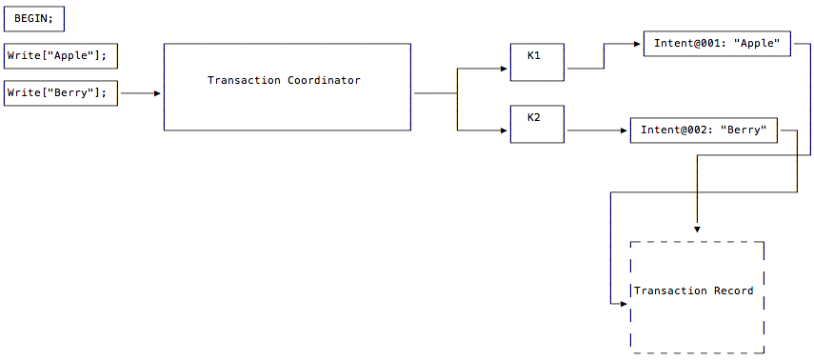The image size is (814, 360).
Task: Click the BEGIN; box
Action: (x=35, y=18)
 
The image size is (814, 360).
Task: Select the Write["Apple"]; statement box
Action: (x=61, y=56)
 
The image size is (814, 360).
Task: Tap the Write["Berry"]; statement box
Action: (x=61, y=93)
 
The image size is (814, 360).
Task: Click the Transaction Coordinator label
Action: (x=284, y=81)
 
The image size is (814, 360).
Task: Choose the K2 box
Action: (x=537, y=124)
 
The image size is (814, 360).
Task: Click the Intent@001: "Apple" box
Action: (x=717, y=44)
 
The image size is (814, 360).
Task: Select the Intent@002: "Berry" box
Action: (x=704, y=130)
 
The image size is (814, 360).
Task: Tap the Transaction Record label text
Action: (x=694, y=291)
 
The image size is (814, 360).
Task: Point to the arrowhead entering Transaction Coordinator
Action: (x=158, y=93)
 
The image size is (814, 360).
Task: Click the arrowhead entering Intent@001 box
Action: (x=638, y=44)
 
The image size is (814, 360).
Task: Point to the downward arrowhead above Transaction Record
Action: (x=697, y=230)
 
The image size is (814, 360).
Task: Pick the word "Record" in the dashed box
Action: (x=733, y=291)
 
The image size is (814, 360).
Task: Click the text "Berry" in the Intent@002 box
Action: (x=745, y=130)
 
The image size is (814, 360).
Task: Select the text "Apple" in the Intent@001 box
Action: (x=758, y=44)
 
